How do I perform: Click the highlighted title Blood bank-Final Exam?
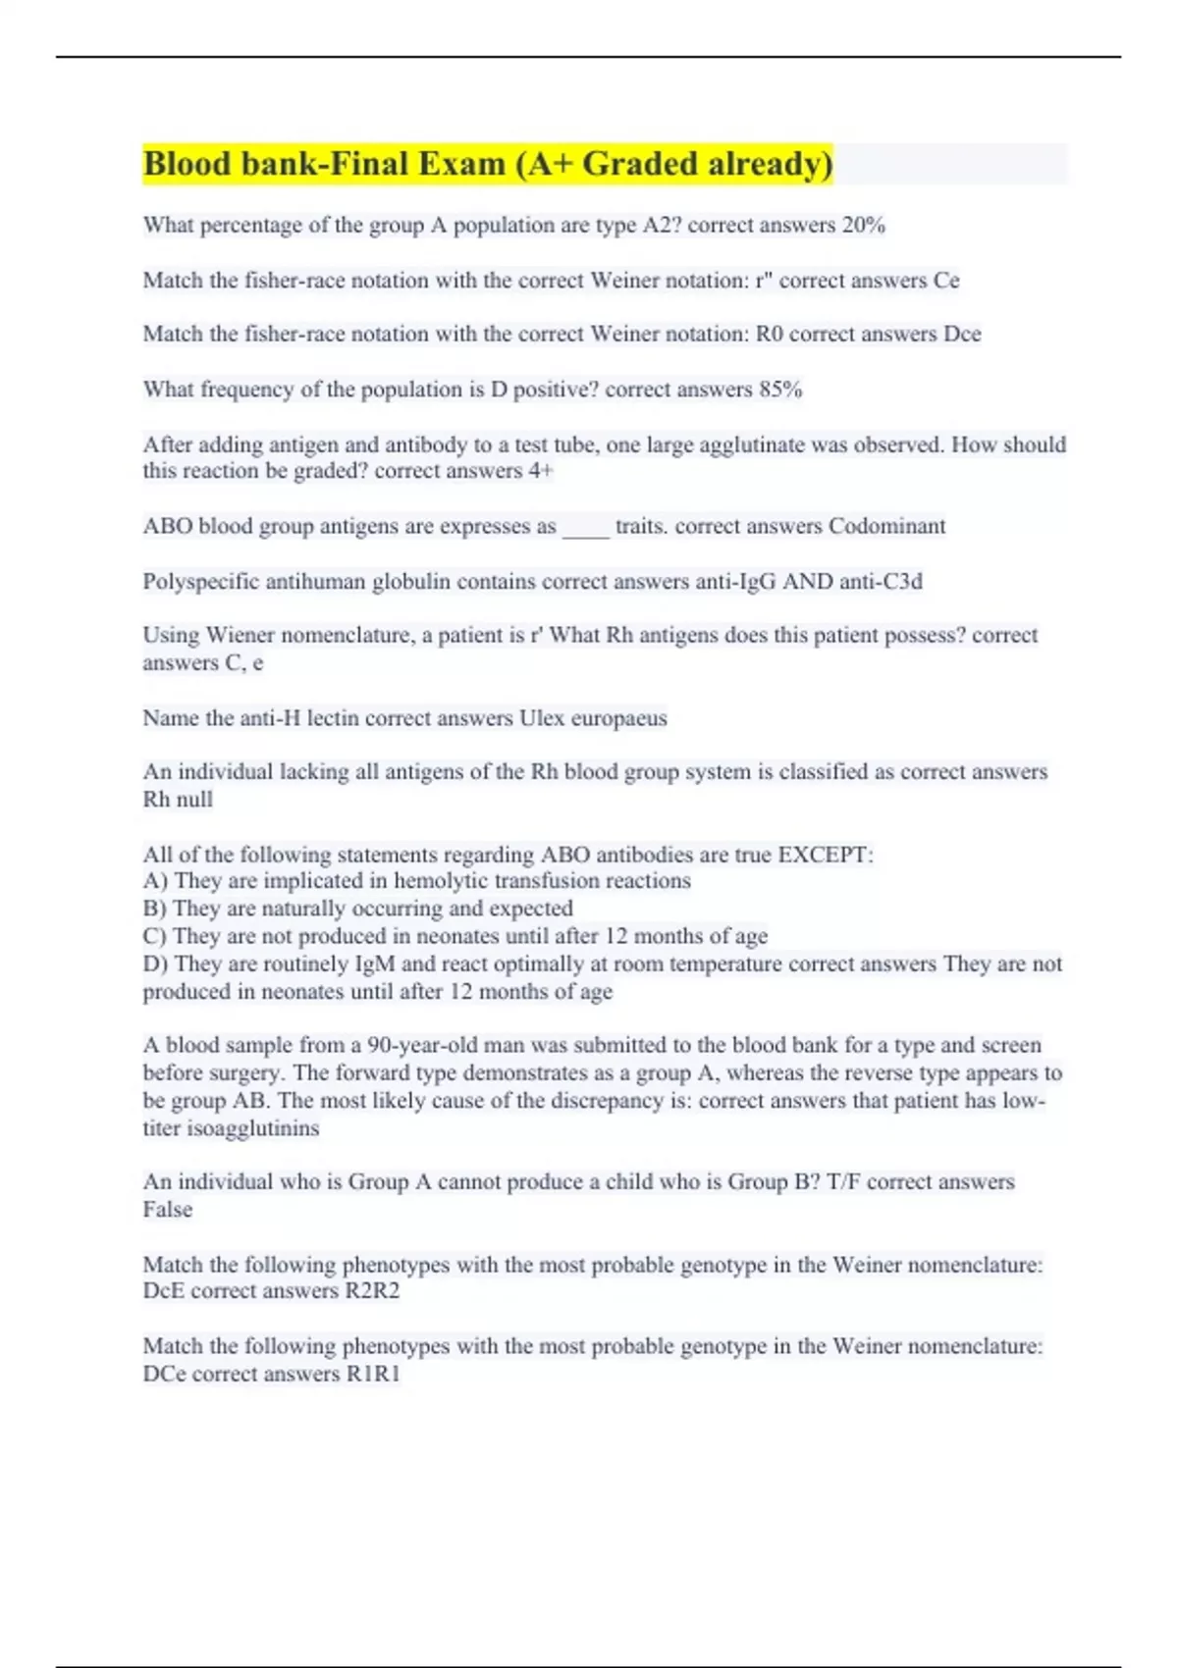tap(488, 164)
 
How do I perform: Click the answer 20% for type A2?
tap(863, 226)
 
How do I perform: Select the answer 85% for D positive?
tap(780, 390)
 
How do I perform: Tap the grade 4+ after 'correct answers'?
tap(541, 471)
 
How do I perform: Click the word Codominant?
tap(886, 526)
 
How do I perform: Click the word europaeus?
tap(620, 718)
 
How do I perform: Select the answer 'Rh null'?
tap(178, 800)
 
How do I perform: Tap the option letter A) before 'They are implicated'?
tap(155, 881)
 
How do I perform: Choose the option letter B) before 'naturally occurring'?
tap(155, 909)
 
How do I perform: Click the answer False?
tap(168, 1210)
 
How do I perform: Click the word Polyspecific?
tap(199, 582)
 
